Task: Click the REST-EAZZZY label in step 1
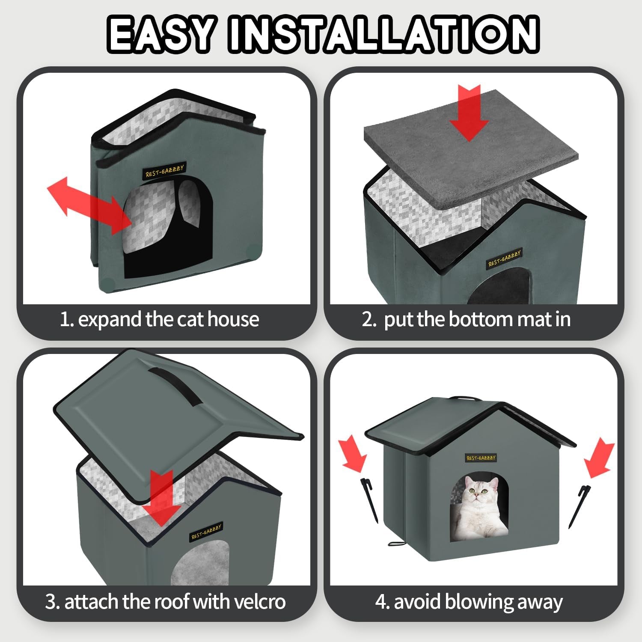click(x=164, y=171)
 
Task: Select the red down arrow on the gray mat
click(x=469, y=112)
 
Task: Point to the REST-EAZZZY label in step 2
click(x=505, y=258)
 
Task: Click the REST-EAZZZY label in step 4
click(x=480, y=458)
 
